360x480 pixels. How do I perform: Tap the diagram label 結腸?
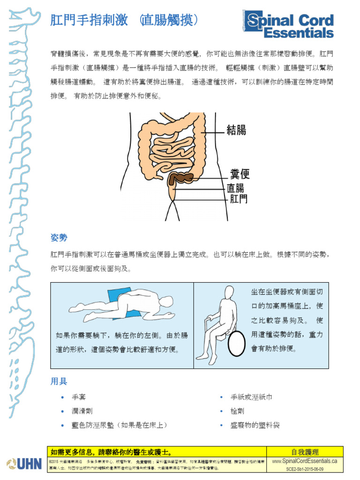[236, 130]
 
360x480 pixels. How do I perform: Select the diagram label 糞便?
[240, 174]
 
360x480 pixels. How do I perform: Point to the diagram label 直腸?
[235, 188]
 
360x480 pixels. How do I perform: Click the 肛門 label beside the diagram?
[238, 199]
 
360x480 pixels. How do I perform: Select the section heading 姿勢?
[59, 238]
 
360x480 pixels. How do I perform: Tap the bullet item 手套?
[79, 397]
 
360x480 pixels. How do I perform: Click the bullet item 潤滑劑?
[82, 411]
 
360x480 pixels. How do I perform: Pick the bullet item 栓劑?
[237, 411]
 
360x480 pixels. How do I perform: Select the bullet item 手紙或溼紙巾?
[251, 397]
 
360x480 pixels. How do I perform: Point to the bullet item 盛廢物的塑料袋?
[255, 425]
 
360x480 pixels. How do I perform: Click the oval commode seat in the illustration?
[236, 343]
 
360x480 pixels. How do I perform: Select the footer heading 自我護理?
[305, 452]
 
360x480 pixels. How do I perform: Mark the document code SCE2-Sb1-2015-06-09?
[305, 468]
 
